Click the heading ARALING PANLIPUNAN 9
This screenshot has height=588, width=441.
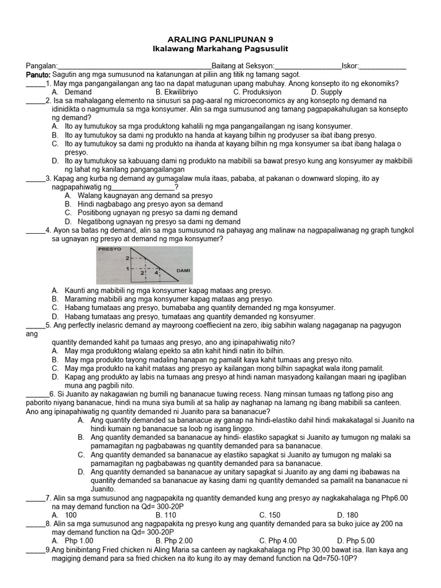click(x=220, y=39)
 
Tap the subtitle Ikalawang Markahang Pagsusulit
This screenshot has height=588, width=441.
click(x=220, y=49)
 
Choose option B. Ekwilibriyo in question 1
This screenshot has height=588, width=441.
click(x=176, y=92)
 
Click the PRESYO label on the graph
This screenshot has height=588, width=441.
click(x=110, y=250)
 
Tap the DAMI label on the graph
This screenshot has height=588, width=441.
click(x=183, y=270)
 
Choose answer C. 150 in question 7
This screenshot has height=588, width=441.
click(x=270, y=515)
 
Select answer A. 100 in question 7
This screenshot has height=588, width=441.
click(x=64, y=515)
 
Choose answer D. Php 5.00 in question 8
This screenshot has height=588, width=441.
click(x=355, y=540)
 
